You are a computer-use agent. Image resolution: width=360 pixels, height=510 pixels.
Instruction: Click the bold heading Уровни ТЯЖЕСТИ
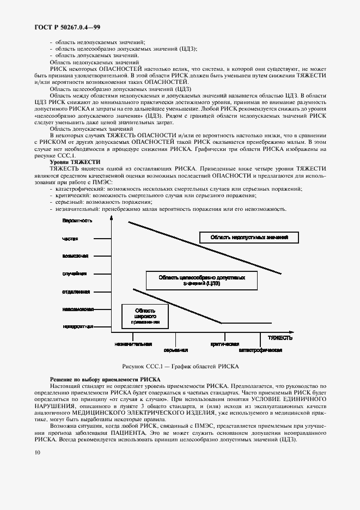pyautogui.click(x=75, y=162)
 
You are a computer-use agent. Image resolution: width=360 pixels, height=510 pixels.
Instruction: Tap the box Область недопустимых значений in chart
pyautogui.click(x=249, y=237)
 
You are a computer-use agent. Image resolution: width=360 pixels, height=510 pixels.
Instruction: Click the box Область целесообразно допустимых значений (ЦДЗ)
pyautogui.click(x=202, y=280)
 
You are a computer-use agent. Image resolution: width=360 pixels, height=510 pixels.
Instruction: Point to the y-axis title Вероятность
pyautogui.click(x=77, y=221)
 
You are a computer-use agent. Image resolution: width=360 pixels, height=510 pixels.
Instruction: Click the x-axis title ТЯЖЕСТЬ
pyautogui.click(x=276, y=337)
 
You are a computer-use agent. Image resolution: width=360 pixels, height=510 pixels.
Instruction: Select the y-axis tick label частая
pyautogui.click(x=70, y=239)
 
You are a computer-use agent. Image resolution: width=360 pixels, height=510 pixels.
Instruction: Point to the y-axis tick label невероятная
pyautogui.click(x=77, y=326)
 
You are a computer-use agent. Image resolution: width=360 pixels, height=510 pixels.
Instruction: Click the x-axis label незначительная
pyautogui.click(x=133, y=344)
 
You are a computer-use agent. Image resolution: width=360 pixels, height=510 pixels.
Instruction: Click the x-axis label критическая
pyautogui.click(x=224, y=344)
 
